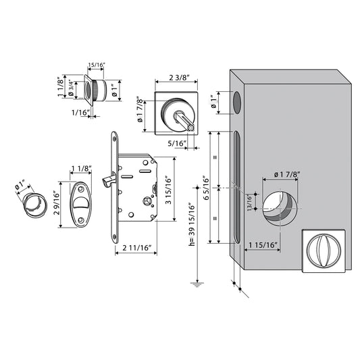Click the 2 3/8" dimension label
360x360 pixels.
(x=179, y=78)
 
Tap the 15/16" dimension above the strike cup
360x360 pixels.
(x=97, y=65)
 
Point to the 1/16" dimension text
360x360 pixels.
(x=80, y=113)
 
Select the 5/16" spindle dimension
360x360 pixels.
(x=177, y=143)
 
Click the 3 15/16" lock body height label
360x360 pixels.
(x=169, y=190)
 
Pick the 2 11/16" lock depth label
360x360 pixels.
(x=137, y=248)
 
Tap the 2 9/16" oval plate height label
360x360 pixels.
(x=57, y=203)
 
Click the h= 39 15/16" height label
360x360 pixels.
(x=192, y=224)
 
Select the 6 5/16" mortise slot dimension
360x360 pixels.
(x=206, y=188)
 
